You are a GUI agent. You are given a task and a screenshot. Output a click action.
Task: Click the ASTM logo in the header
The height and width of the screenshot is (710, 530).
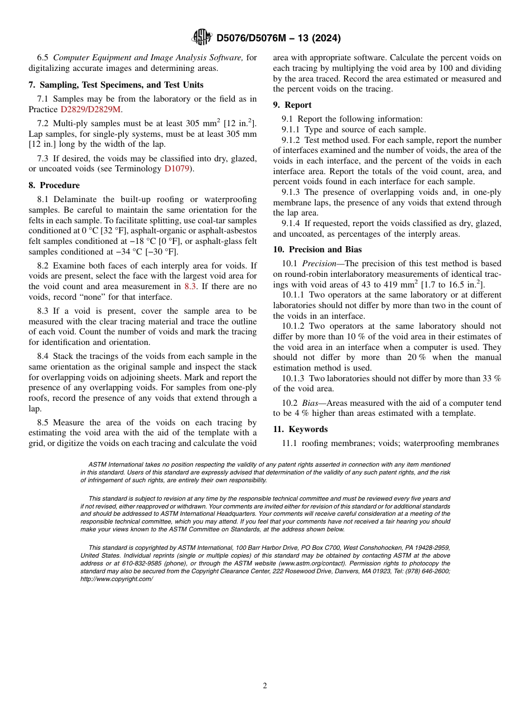[x=201, y=37]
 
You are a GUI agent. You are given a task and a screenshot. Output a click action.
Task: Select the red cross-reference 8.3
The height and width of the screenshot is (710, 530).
[x=190, y=286]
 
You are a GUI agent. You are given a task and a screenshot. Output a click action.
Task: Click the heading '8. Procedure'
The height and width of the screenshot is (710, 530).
[x=54, y=185]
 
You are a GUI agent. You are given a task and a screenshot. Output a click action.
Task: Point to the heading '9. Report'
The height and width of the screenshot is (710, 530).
[x=292, y=105]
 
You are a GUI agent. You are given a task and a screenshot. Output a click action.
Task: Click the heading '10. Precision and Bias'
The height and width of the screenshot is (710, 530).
[x=317, y=250]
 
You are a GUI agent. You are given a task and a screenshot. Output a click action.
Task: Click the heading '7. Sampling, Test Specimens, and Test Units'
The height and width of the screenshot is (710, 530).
[x=116, y=85]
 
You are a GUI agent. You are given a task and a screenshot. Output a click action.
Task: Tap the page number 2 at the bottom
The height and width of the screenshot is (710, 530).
[x=265, y=686]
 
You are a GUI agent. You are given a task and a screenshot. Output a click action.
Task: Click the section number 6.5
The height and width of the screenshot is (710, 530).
[x=43, y=57]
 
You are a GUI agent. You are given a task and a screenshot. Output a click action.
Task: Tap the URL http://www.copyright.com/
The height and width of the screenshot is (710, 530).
[x=117, y=579]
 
